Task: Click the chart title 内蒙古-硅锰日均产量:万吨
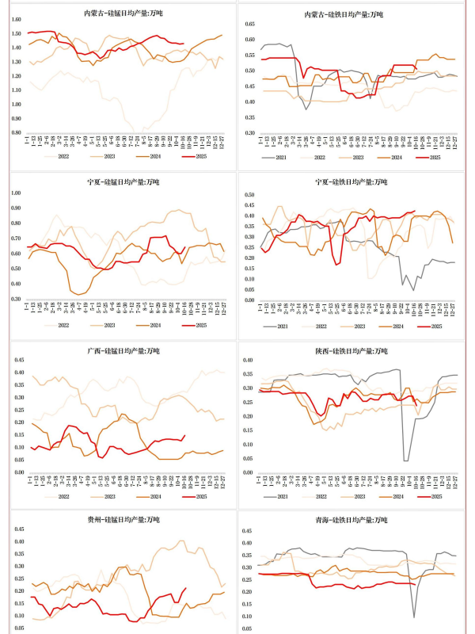tap(122, 14)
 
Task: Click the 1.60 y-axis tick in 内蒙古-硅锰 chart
tap(17, 20)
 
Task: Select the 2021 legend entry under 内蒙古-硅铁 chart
tap(274, 157)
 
